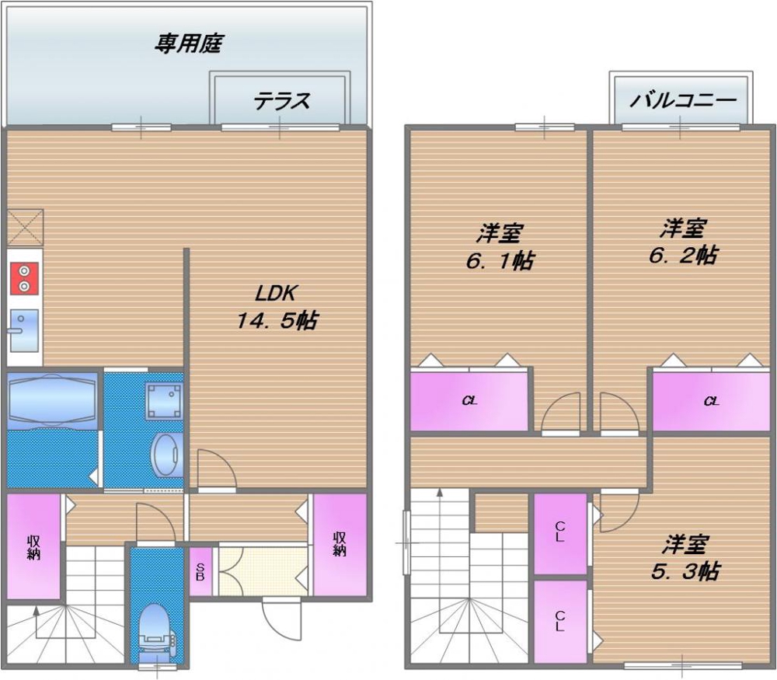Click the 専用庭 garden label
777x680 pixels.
(189, 44)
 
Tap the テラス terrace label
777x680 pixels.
(281, 100)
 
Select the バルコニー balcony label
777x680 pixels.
(682, 100)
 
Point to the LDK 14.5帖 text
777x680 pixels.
(277, 307)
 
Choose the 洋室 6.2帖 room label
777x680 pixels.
(683, 242)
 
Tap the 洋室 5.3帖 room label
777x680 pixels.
(684, 556)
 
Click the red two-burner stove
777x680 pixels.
(24, 278)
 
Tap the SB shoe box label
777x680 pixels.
(200, 574)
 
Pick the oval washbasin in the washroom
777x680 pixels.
(167, 455)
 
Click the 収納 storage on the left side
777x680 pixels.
(33, 547)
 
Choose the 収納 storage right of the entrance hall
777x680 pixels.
(340, 544)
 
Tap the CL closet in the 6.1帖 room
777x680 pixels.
(469, 401)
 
